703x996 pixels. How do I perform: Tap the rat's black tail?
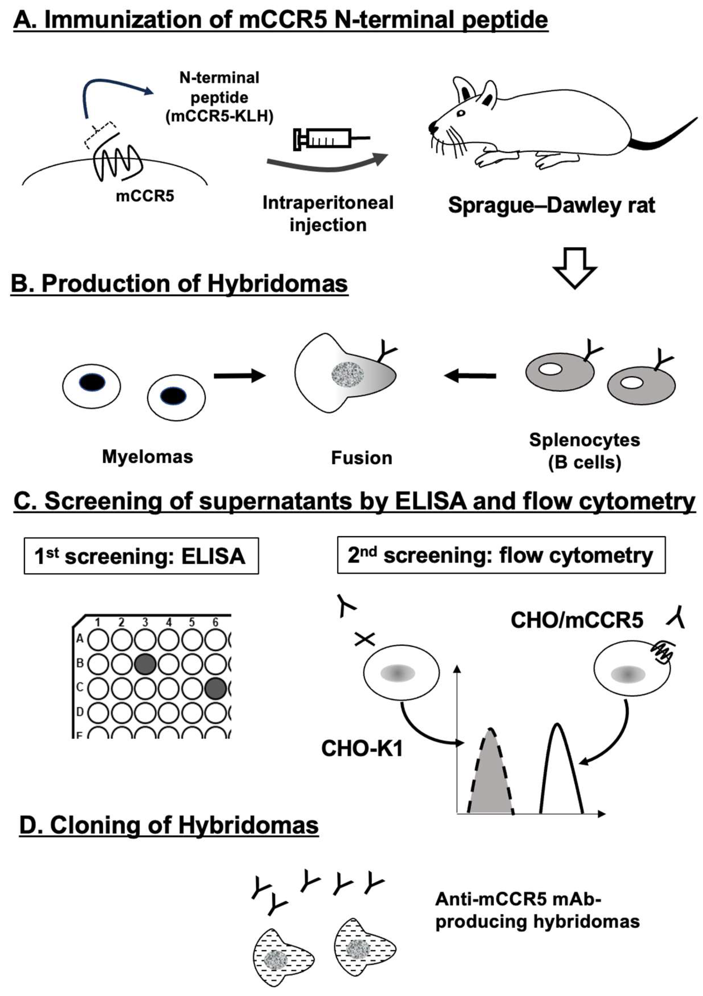(664, 134)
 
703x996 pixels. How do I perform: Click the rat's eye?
(461, 113)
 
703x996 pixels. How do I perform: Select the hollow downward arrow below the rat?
(575, 268)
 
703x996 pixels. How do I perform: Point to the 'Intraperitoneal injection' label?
(328, 213)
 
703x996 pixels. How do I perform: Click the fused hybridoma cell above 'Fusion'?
(346, 373)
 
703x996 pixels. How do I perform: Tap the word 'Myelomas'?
(147, 456)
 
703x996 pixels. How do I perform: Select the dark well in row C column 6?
(215, 688)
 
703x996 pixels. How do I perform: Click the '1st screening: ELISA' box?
(141, 556)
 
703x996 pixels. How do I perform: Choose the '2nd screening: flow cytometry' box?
(501, 555)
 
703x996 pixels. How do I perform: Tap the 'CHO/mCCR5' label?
(577, 620)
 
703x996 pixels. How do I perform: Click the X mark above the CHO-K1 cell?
(365, 639)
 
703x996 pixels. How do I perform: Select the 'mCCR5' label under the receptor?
(145, 196)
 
